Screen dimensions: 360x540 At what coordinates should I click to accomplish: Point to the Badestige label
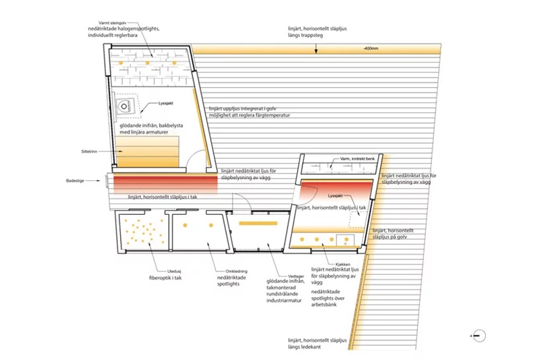click(86, 181)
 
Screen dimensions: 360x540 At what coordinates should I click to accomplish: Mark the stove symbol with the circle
click(124, 106)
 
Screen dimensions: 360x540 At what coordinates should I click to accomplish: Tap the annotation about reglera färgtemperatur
click(249, 115)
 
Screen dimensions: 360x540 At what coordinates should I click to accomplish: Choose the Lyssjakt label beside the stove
click(166, 103)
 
